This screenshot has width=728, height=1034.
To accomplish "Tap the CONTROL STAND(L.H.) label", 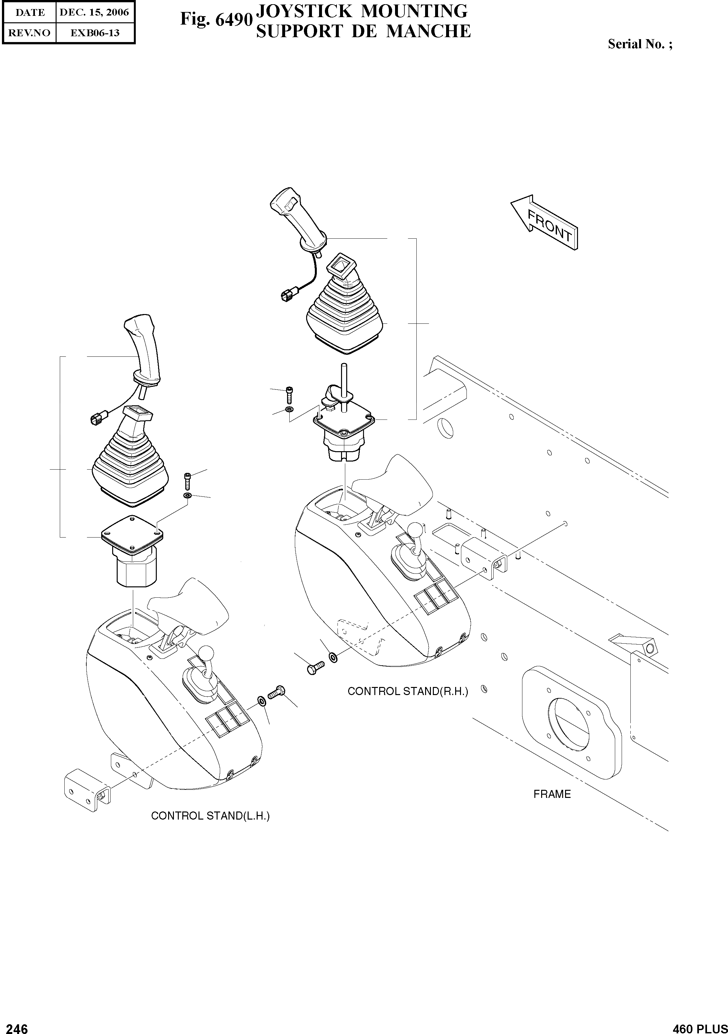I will tap(210, 816).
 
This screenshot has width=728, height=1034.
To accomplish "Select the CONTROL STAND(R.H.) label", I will tap(407, 691).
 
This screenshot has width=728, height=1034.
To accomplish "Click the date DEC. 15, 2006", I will tap(94, 13).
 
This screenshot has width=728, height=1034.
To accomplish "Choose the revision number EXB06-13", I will tap(94, 33).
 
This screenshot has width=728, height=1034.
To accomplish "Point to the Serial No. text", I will tap(640, 44).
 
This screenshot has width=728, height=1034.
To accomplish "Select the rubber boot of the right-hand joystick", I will tap(344, 311).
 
